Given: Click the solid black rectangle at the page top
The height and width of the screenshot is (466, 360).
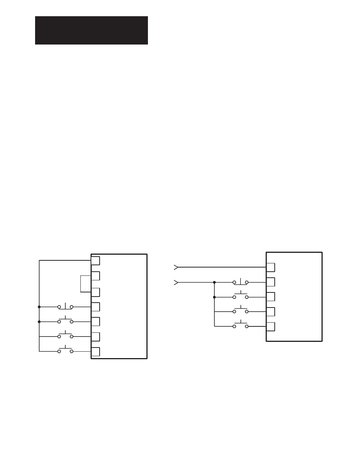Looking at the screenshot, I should pyautogui.click(x=91, y=30).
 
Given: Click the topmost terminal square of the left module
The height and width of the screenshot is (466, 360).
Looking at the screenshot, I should pyautogui.click(x=95, y=261).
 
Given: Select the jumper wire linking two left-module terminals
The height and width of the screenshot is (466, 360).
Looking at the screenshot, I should pyautogui.click(x=81, y=284).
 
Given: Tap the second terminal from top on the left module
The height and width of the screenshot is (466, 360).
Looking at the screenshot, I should pyautogui.click(x=95, y=276).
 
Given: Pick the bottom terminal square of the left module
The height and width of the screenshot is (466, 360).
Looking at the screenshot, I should pyautogui.click(x=95, y=351).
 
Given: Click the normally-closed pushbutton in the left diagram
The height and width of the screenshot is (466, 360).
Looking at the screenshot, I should pyautogui.click(x=65, y=307).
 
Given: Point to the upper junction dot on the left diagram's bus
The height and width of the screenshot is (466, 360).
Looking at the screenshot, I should pyautogui.click(x=39, y=307).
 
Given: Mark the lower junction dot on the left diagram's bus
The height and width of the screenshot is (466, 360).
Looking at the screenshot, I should pyautogui.click(x=39, y=321).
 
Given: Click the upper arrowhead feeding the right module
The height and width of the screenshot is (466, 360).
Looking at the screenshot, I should pyautogui.click(x=175, y=267).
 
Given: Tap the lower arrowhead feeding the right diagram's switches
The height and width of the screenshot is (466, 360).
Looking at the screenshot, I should pyautogui.click(x=175, y=282).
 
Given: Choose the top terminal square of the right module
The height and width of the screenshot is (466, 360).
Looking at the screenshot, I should pyautogui.click(x=271, y=267).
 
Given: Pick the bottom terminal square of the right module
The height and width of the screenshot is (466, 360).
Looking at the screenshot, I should pyautogui.click(x=271, y=326).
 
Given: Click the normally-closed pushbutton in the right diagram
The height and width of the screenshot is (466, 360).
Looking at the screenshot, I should pyautogui.click(x=240, y=282).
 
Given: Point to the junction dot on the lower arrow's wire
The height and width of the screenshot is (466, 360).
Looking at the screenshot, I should pyautogui.click(x=214, y=282).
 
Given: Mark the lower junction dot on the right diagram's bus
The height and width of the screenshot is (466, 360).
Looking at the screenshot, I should pyautogui.click(x=214, y=297).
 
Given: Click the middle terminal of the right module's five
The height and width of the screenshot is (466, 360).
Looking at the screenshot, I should pyautogui.click(x=271, y=297).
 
